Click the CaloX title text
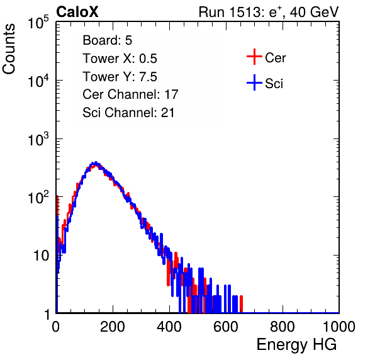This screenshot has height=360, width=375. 77,12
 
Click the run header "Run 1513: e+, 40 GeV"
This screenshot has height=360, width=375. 269,12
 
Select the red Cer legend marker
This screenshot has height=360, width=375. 254,57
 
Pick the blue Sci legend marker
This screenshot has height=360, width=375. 254,82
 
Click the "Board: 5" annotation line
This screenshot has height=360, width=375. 107,40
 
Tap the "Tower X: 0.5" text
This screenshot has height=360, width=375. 120,59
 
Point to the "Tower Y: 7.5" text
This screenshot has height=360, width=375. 120,77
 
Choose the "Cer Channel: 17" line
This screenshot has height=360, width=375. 130,94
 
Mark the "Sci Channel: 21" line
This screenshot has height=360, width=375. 128,113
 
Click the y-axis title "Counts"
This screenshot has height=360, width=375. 9,49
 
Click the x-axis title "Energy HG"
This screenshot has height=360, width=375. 296,345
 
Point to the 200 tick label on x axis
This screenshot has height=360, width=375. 113,327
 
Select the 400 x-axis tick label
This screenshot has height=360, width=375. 169,327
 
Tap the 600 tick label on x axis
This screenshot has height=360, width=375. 226,327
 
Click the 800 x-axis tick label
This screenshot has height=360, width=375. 283,327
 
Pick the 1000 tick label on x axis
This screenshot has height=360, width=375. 339,327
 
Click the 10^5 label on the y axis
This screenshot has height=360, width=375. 38,22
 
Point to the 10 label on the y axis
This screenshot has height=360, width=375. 42,256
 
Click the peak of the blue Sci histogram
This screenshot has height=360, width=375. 96,162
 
